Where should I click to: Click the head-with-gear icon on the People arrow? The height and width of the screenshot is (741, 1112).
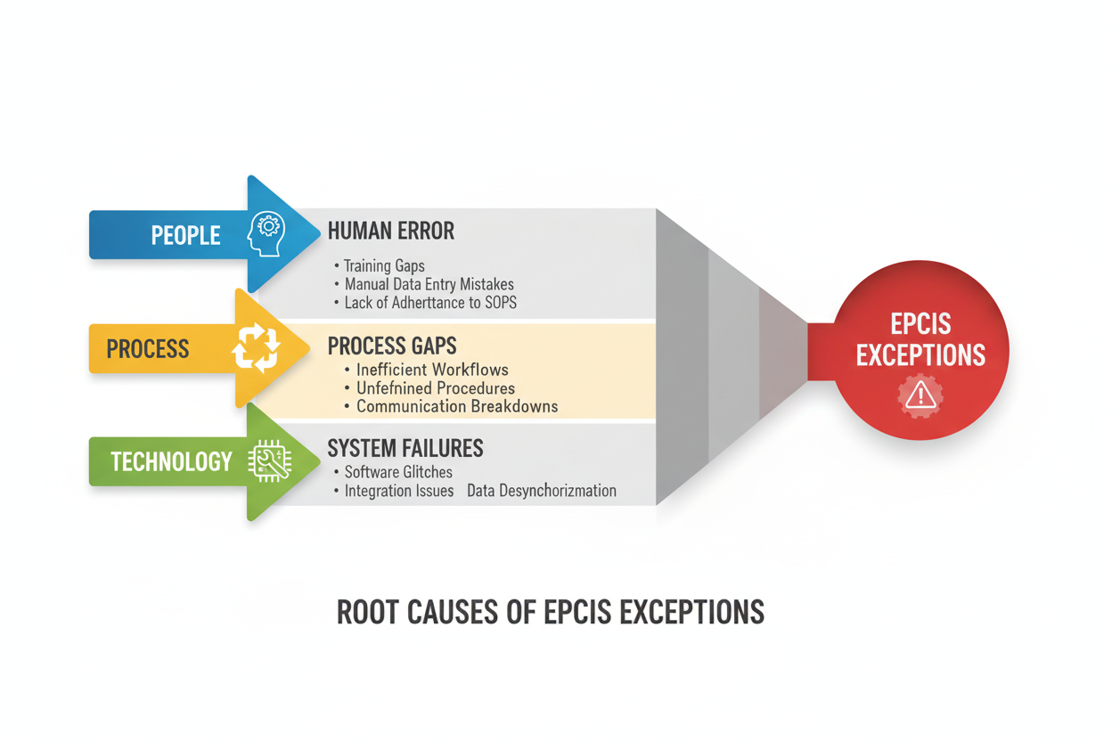pos(266,233)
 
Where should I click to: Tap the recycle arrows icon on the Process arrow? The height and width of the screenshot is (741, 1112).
pos(256,347)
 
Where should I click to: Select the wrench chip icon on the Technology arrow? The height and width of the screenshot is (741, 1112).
pos(270,461)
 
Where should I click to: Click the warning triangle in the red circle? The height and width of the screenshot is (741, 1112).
pos(920,396)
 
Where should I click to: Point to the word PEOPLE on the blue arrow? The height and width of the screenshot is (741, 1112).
pos(185,235)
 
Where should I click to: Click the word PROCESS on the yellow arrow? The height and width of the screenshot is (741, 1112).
pos(147,349)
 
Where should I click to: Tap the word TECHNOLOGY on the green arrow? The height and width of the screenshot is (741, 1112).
pos(171,461)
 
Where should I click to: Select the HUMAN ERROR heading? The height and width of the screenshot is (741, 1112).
pos(390,231)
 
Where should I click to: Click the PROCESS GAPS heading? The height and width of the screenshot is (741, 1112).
pos(392,346)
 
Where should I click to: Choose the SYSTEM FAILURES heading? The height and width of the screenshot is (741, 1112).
pos(405,448)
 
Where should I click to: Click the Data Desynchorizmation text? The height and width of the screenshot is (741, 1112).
pos(542,491)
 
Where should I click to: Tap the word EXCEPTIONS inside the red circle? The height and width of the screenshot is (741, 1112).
pos(920,355)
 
